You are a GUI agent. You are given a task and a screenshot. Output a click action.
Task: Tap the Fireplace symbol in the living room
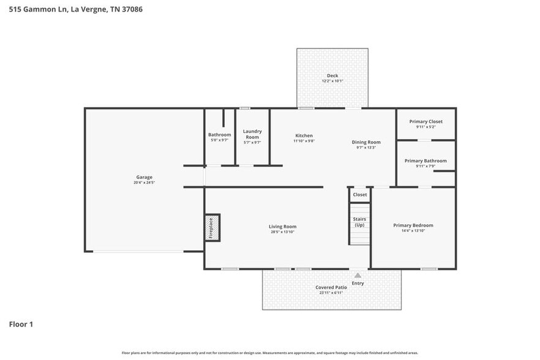point(212,227)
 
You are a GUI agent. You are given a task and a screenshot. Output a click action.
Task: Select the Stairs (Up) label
point(359,222)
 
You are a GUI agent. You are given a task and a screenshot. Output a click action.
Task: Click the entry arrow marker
point(358,276)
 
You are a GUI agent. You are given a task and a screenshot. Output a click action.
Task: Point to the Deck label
point(332,76)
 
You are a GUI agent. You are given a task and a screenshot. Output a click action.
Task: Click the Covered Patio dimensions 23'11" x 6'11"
point(331,293)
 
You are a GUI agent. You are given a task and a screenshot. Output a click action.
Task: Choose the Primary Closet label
point(426,121)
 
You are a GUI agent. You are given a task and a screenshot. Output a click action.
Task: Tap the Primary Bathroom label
point(426,160)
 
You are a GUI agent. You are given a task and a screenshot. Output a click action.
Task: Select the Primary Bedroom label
point(413,225)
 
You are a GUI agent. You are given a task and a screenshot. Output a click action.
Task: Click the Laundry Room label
point(252,133)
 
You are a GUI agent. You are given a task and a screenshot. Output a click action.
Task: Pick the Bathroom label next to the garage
point(219,135)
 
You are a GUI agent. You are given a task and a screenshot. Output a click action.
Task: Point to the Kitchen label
point(304,135)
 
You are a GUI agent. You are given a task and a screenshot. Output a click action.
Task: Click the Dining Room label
point(366,142)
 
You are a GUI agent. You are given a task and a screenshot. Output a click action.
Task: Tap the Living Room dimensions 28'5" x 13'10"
point(283,232)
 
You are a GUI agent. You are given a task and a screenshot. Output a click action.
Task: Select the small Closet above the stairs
point(360,195)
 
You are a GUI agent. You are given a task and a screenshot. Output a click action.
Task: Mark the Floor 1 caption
point(21,324)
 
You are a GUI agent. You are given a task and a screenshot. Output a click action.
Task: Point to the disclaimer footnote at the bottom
point(269,353)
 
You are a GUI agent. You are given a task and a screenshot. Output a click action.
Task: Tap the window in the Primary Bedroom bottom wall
point(429,269)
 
